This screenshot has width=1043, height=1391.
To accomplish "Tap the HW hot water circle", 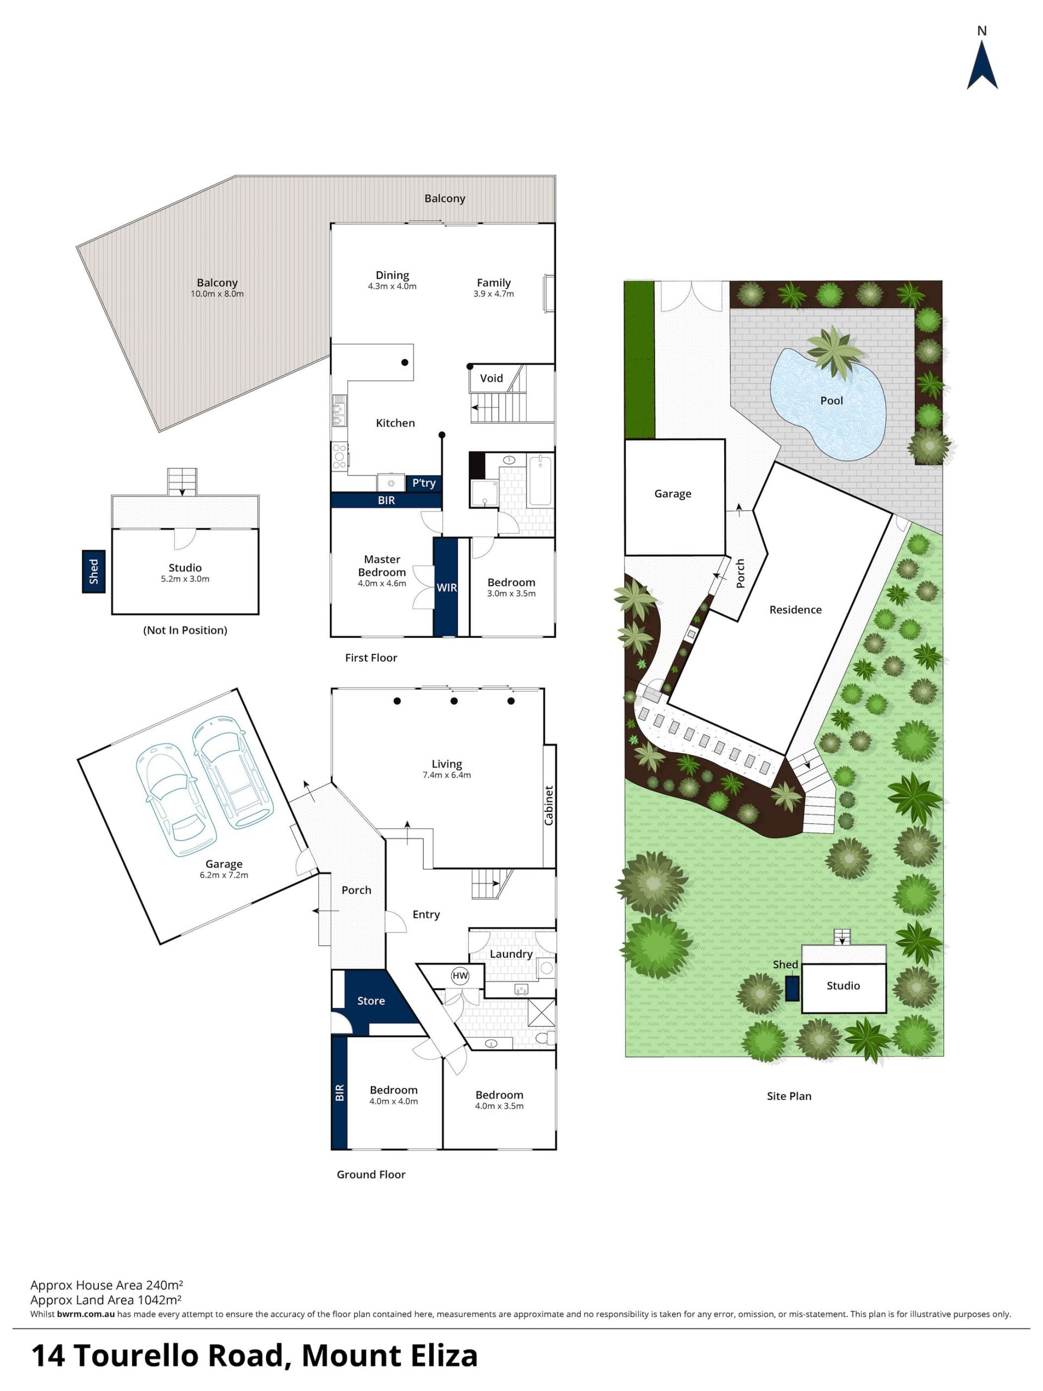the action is pyautogui.click(x=460, y=975).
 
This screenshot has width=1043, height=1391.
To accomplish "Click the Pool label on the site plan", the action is pyautogui.click(x=831, y=400).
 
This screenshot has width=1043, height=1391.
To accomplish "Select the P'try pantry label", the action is pyautogui.click(x=424, y=483).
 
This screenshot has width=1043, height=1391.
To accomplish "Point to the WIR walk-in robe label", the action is pyautogui.click(x=447, y=587).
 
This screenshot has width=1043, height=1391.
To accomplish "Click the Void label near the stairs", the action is pyautogui.click(x=491, y=378).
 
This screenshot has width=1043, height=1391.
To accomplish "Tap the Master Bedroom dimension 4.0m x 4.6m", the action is pyautogui.click(x=382, y=583).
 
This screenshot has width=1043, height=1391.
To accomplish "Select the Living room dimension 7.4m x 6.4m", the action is pyautogui.click(x=447, y=775).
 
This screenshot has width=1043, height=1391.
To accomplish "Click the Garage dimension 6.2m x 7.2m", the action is pyautogui.click(x=224, y=875).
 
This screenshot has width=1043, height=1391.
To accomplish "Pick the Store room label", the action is pyautogui.click(x=371, y=1000).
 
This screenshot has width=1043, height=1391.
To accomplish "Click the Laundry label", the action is pyautogui.click(x=511, y=954).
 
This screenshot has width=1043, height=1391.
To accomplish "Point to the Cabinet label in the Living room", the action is pyautogui.click(x=549, y=806).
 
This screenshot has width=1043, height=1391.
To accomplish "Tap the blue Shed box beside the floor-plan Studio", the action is pyautogui.click(x=93, y=572).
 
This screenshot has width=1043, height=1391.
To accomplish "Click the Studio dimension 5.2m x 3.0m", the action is pyautogui.click(x=185, y=579).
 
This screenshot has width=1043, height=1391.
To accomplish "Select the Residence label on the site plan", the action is pyautogui.click(x=795, y=609).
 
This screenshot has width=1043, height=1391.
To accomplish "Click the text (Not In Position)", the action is pyautogui.click(x=185, y=630).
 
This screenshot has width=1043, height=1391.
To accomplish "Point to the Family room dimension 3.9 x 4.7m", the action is pyautogui.click(x=493, y=293).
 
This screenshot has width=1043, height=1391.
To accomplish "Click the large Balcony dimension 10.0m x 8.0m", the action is pyautogui.click(x=217, y=293).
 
